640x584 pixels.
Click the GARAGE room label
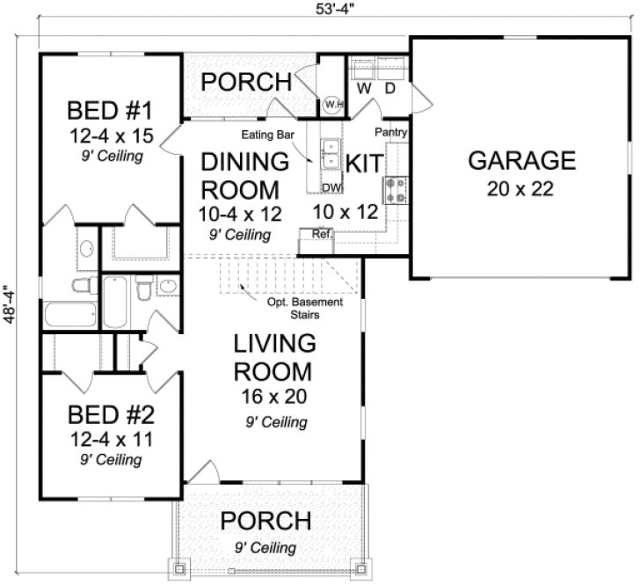point(521,161)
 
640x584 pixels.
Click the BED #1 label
point(111,112)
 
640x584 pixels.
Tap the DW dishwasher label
point(331,187)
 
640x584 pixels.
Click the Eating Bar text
point(268,135)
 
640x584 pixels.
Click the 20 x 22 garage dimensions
point(521,190)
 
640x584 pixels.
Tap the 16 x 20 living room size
point(273,397)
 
